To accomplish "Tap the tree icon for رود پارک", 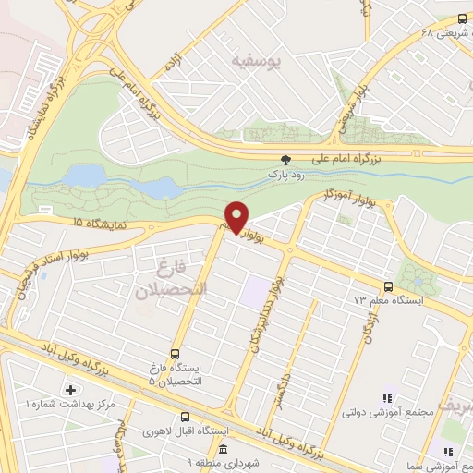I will pos(285,159).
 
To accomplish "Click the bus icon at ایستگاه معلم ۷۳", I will pos(388,286).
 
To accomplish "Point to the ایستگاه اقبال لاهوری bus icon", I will pos(187,418).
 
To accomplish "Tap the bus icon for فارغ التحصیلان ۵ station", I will pos(176,353).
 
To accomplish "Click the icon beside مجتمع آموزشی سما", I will pos(447,451).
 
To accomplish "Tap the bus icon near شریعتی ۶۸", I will pos(463,18).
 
